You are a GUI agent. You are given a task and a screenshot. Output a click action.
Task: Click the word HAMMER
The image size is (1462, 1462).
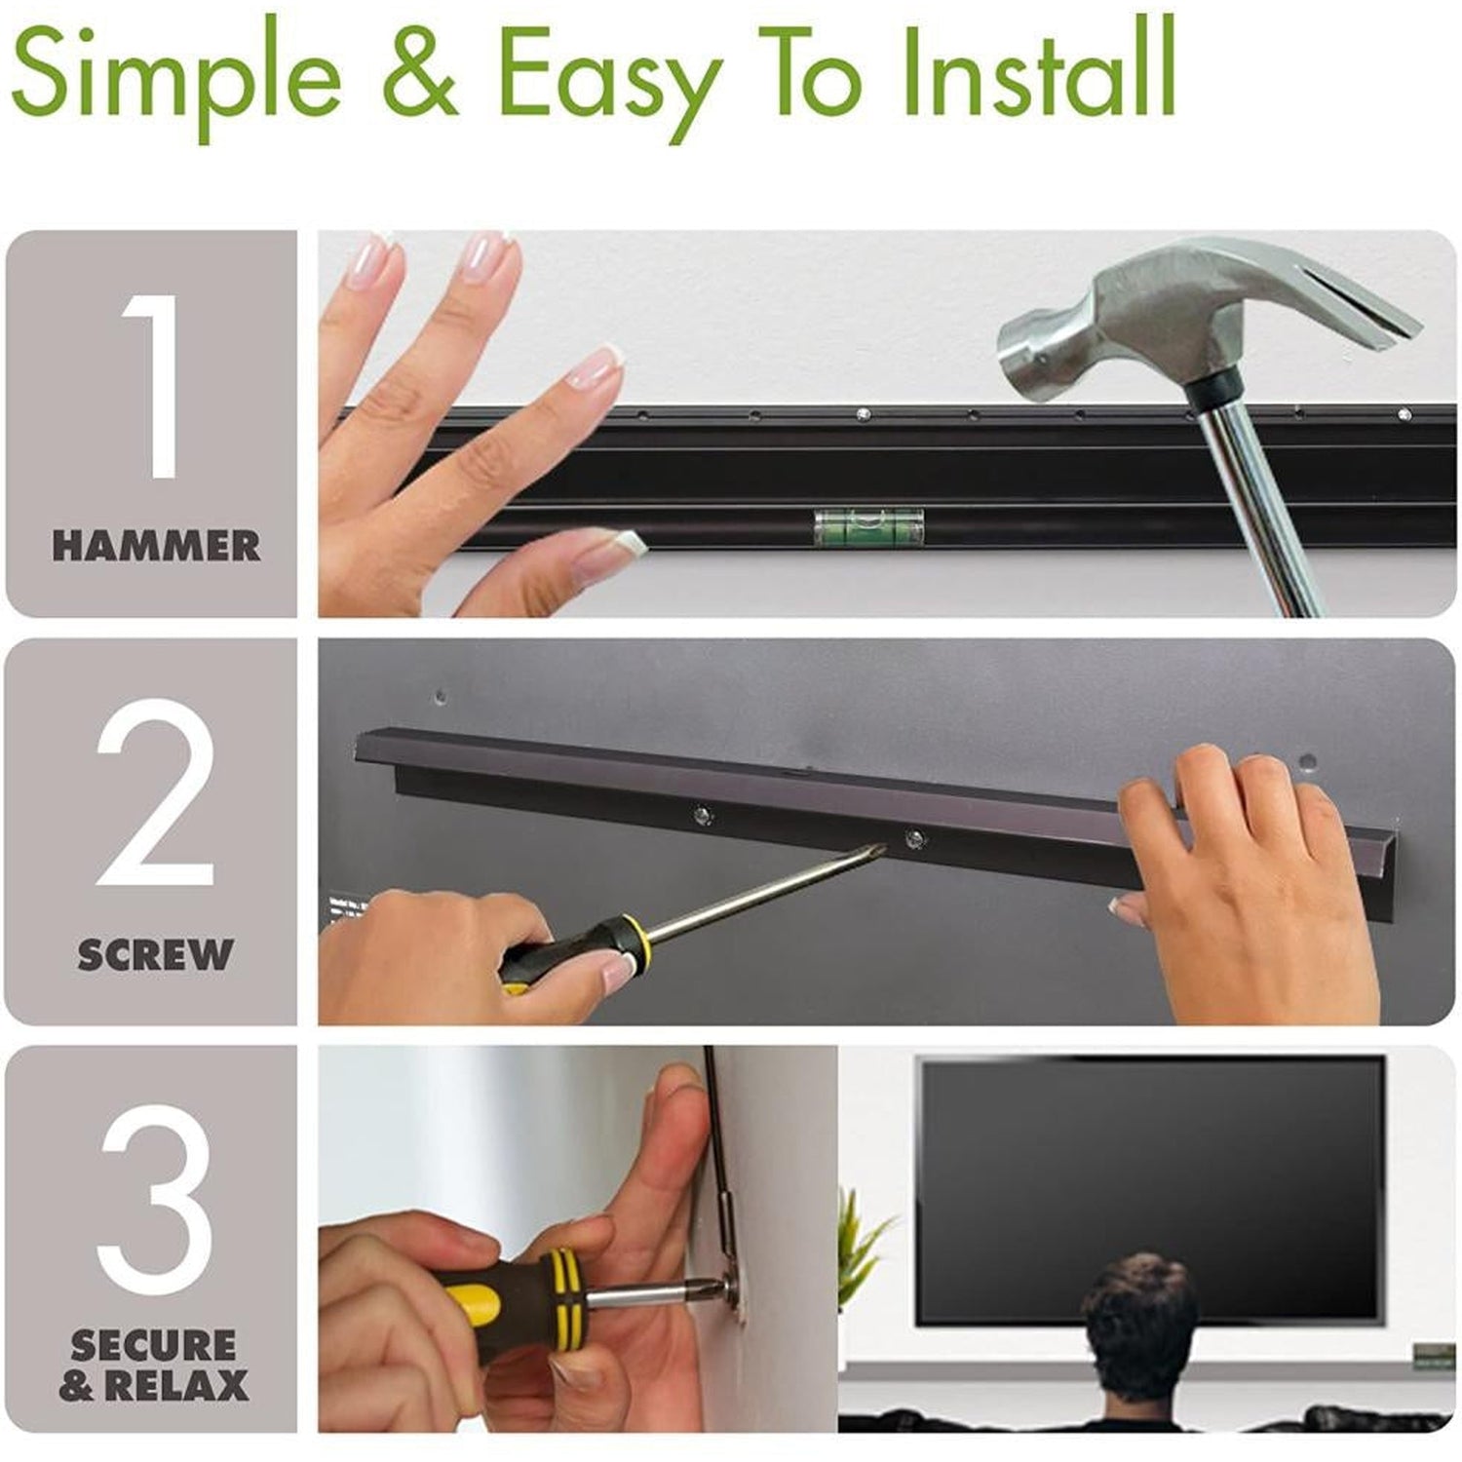pyautogui.click(x=156, y=546)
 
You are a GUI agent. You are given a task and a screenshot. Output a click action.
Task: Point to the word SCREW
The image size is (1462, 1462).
pyautogui.click(x=156, y=954)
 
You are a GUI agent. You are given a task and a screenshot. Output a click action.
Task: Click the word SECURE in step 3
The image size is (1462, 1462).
pyautogui.click(x=154, y=1346)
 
